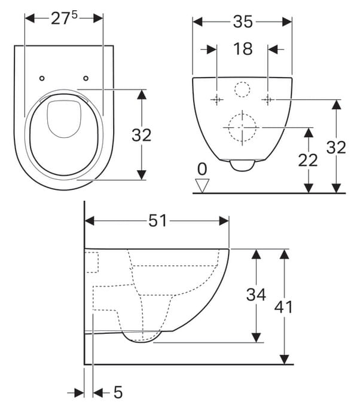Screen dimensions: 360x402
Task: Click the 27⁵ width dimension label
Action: (x=64, y=19)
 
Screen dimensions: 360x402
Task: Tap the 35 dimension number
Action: (x=243, y=22)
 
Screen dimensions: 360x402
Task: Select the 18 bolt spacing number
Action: (x=243, y=49)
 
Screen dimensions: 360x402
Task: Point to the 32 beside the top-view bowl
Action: (x=141, y=135)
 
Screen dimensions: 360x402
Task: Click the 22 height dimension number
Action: (x=307, y=160)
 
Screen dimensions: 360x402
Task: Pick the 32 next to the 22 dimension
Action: (x=336, y=148)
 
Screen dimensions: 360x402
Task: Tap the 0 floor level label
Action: (x=202, y=169)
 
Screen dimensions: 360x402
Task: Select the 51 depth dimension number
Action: (x=157, y=220)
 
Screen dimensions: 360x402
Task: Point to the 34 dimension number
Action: (x=256, y=294)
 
